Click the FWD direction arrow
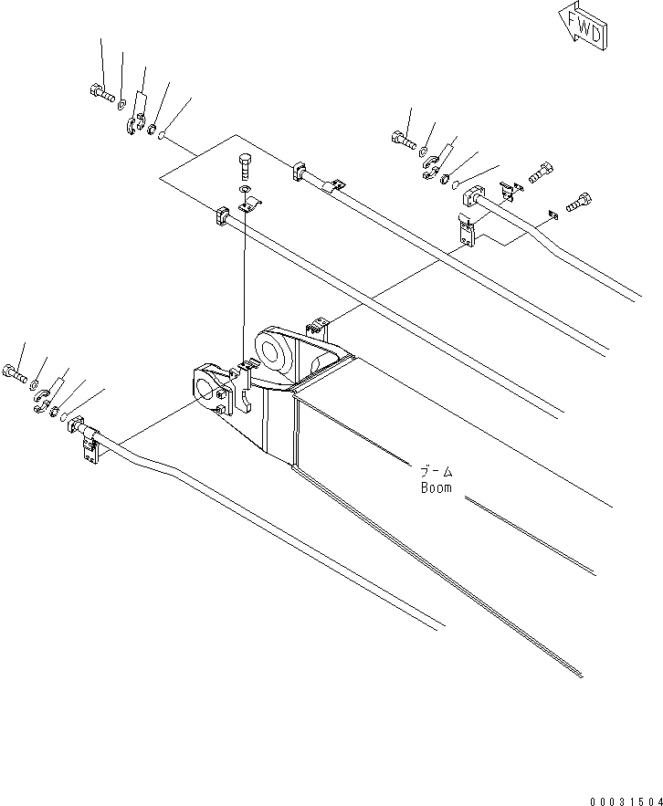[x=581, y=26]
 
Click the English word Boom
[x=436, y=487]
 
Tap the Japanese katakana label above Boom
[x=436, y=472]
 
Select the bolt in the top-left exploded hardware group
[x=100, y=92]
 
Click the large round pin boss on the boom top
[x=273, y=351]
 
